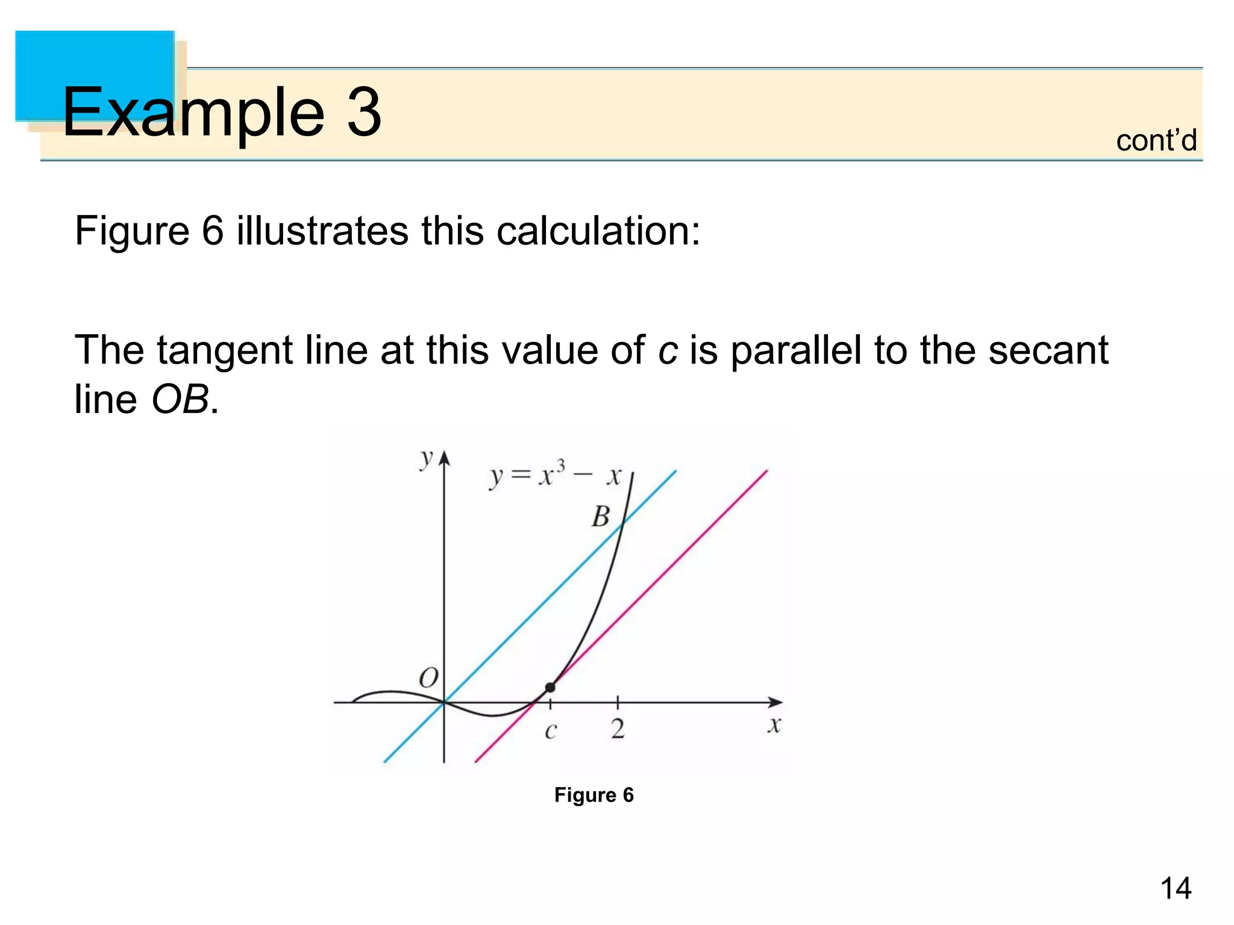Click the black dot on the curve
(550, 687)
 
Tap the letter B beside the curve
(601, 517)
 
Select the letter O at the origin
(428, 678)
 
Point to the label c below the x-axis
(550, 731)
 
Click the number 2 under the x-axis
(618, 729)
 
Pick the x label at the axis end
(774, 725)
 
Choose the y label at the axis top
(426, 459)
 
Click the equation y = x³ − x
(555, 476)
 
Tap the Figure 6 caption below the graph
(594, 795)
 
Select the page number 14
(1175, 888)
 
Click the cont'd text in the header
(1156, 141)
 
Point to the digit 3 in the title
(364, 111)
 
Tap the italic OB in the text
(180, 399)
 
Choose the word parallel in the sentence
(795, 350)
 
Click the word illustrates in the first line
(322, 231)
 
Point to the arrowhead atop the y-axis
(444, 459)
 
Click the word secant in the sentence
(1048, 351)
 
